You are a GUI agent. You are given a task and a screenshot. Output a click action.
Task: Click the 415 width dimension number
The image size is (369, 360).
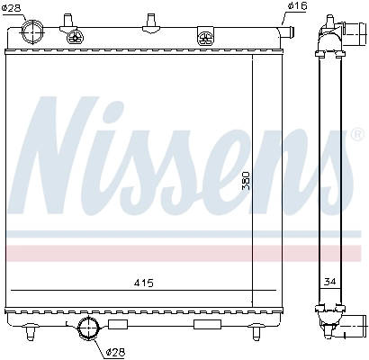143,283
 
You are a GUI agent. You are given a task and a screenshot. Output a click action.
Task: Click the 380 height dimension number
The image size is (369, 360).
246,181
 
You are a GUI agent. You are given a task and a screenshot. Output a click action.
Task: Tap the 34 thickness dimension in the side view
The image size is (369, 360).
329,282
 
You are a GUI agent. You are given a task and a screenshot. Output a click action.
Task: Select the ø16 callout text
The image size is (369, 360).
297,6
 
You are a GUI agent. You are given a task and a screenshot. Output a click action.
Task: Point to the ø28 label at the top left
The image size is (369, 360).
11,7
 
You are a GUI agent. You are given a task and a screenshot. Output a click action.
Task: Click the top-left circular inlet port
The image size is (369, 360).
32,31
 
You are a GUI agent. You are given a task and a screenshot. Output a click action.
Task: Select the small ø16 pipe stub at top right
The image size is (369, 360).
287,31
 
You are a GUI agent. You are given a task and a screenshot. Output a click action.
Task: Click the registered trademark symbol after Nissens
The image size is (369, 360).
357,135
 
